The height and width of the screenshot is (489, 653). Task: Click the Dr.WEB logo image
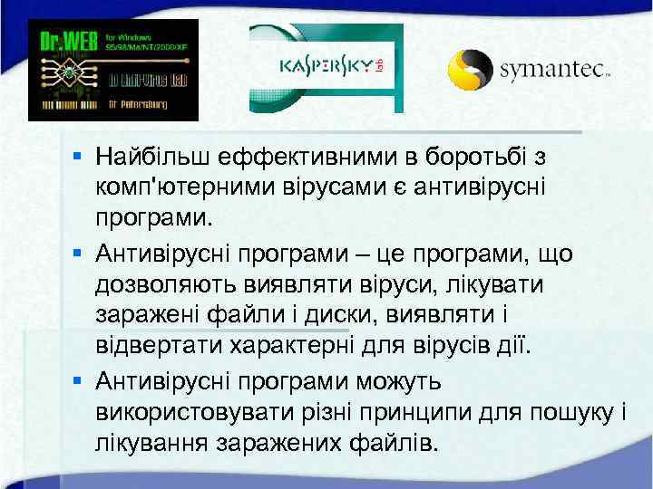pos(112,70)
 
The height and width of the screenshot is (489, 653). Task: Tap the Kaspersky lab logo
pos(326,69)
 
